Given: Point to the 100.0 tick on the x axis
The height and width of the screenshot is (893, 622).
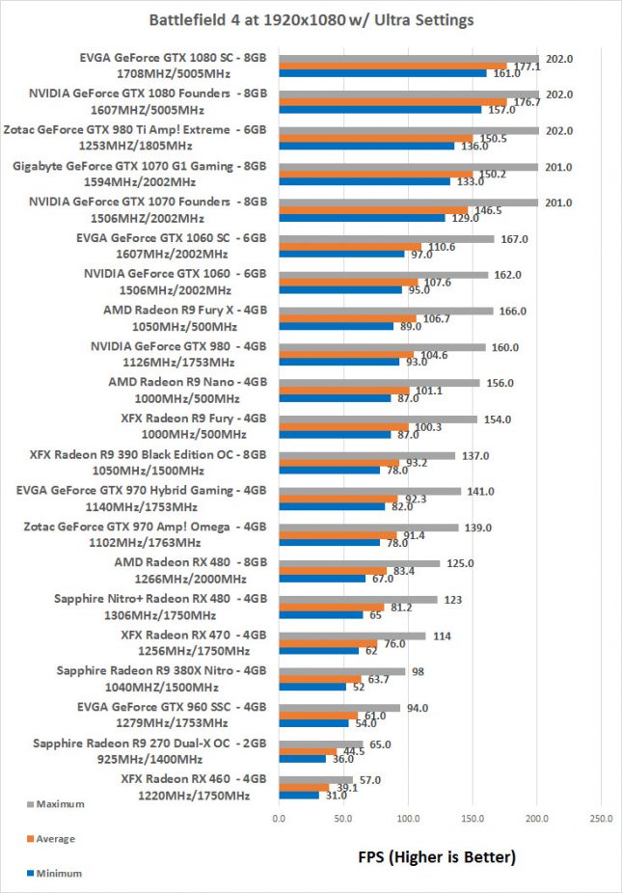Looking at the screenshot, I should pyautogui.click(x=408, y=819).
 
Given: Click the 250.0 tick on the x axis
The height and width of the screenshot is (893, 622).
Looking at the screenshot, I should pyautogui.click(x=602, y=819).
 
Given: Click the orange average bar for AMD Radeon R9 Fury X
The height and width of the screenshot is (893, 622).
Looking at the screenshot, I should pyautogui.click(x=347, y=319).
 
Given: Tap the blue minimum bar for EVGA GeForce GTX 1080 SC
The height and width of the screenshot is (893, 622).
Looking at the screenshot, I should pyautogui.click(x=383, y=72).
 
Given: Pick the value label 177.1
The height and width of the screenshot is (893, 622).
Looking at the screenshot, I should pyautogui.click(x=524, y=66).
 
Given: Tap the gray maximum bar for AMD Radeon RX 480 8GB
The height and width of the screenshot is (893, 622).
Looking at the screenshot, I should pyautogui.click(x=359, y=563).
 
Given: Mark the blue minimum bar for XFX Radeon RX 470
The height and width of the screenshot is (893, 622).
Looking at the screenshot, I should pyautogui.click(x=318, y=651).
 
